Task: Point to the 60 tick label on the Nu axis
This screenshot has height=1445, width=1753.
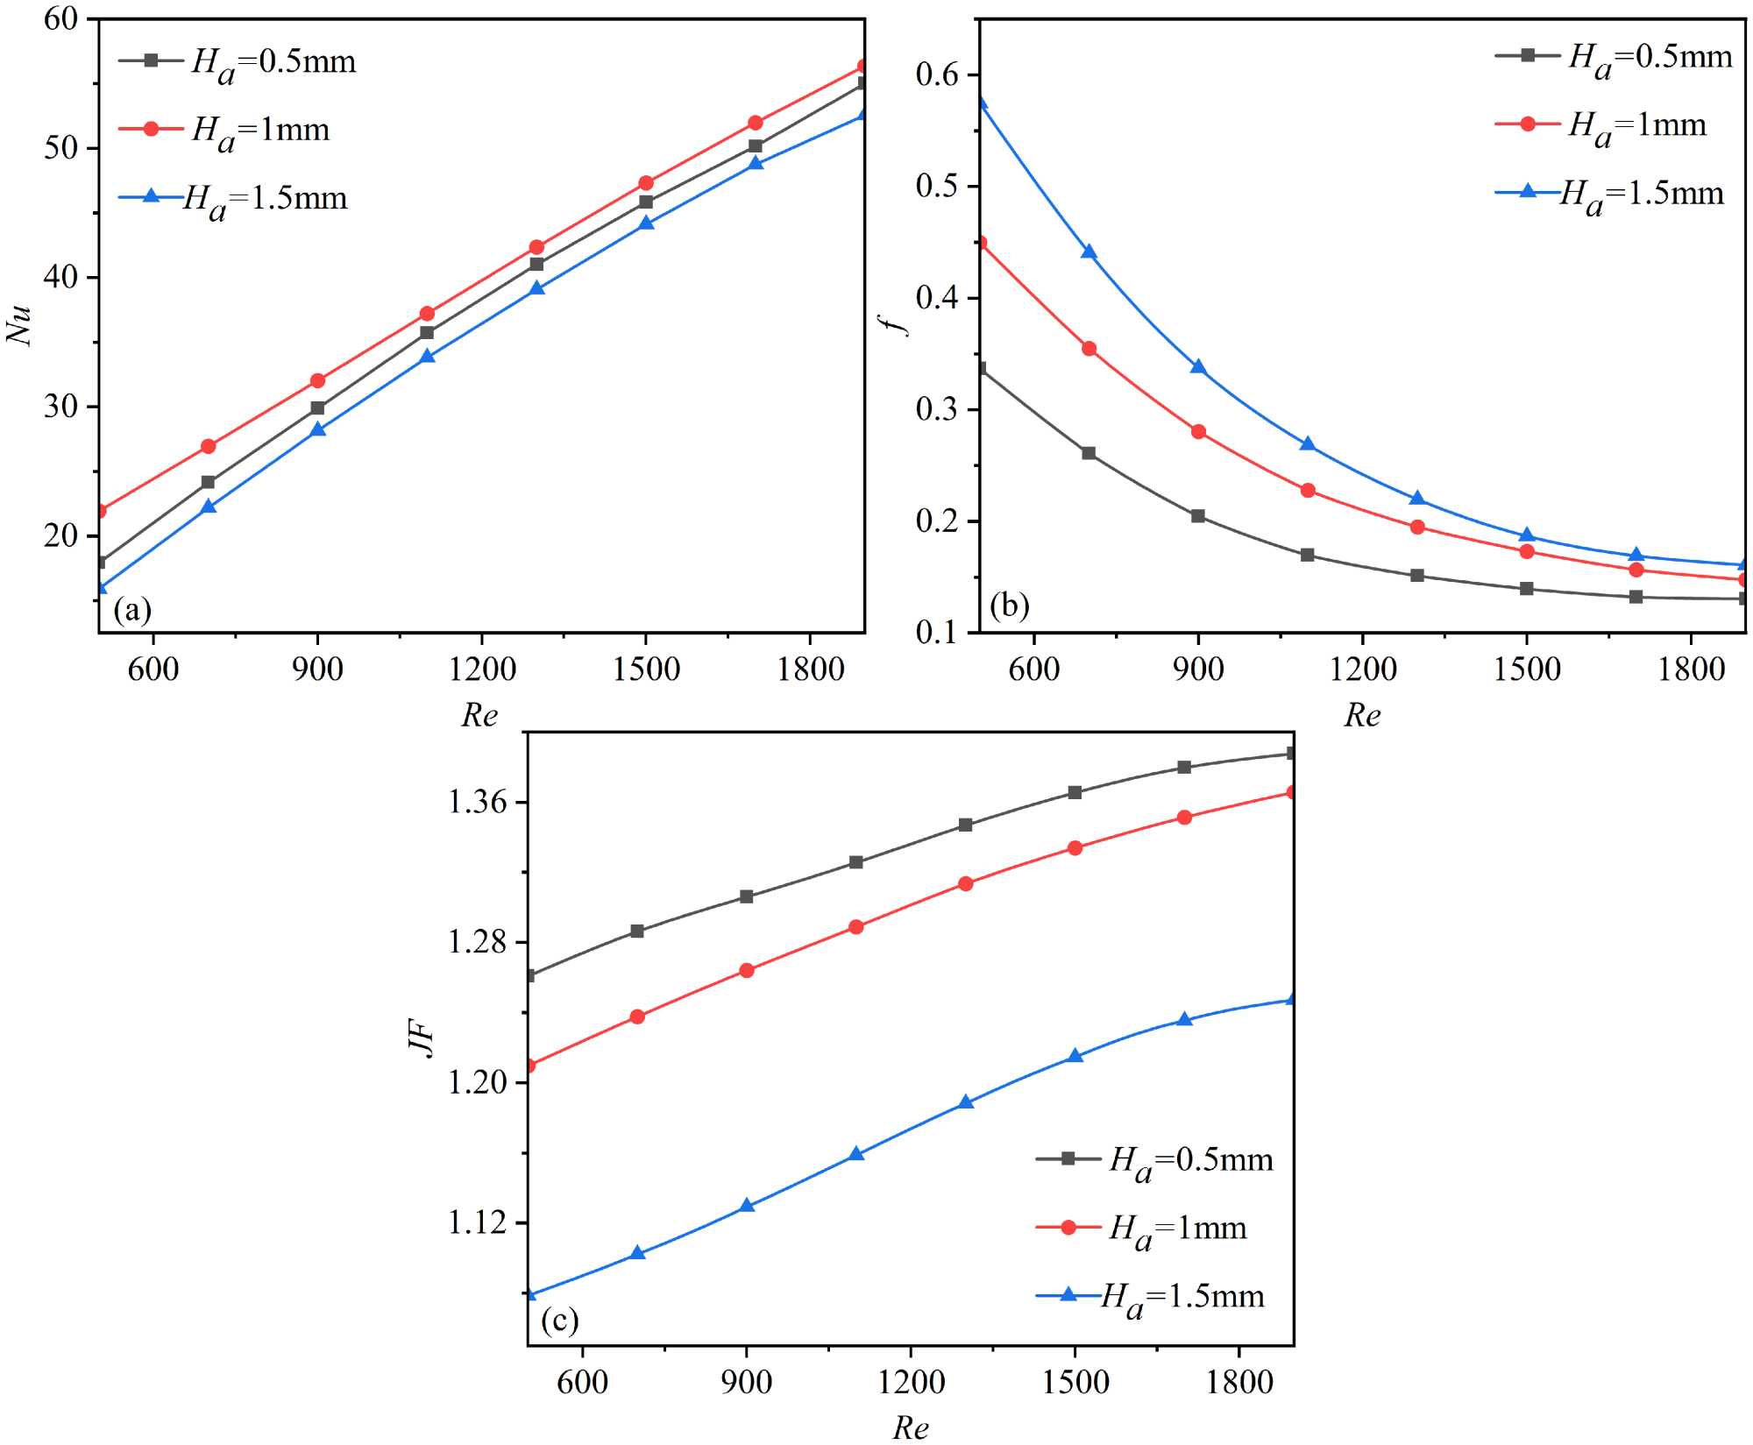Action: (x=61, y=18)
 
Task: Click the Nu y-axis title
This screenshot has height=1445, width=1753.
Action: (x=19, y=325)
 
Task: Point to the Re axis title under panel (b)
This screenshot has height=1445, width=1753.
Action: (x=1362, y=716)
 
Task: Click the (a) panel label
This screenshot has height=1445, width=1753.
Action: (x=132, y=609)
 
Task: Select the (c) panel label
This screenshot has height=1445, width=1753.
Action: (x=559, y=1320)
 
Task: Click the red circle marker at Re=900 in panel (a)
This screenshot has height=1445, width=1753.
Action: (x=317, y=381)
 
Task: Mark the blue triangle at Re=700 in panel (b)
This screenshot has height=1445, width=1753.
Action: (x=1089, y=252)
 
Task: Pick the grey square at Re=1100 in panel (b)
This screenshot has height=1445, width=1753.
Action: (x=1308, y=555)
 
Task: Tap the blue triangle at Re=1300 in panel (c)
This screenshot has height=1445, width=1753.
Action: (x=966, y=1102)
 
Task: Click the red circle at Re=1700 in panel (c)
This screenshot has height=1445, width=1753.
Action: (x=1184, y=818)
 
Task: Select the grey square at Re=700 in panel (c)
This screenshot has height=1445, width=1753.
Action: (x=637, y=931)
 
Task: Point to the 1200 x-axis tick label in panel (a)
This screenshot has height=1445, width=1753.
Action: (x=482, y=669)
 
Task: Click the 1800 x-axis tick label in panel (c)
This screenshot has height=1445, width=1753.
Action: (x=1239, y=1383)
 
